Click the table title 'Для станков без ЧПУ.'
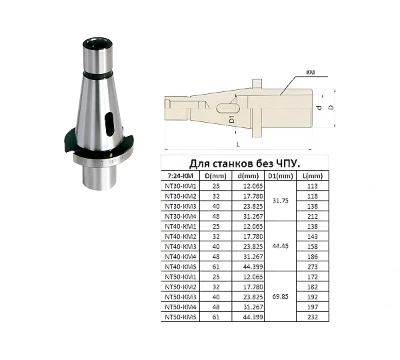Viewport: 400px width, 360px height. point(245,163)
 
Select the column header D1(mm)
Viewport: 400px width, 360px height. point(281,176)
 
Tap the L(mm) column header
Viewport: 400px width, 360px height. point(313,176)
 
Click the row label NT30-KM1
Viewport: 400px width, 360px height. point(181,186)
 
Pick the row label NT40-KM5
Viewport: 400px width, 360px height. point(181,267)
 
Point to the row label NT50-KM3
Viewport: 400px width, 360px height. point(181,297)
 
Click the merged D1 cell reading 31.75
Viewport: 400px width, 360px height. point(281,201)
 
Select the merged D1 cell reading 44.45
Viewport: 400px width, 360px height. point(281,246)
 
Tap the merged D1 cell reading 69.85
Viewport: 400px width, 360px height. point(281,297)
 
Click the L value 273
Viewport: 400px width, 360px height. point(313,267)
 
